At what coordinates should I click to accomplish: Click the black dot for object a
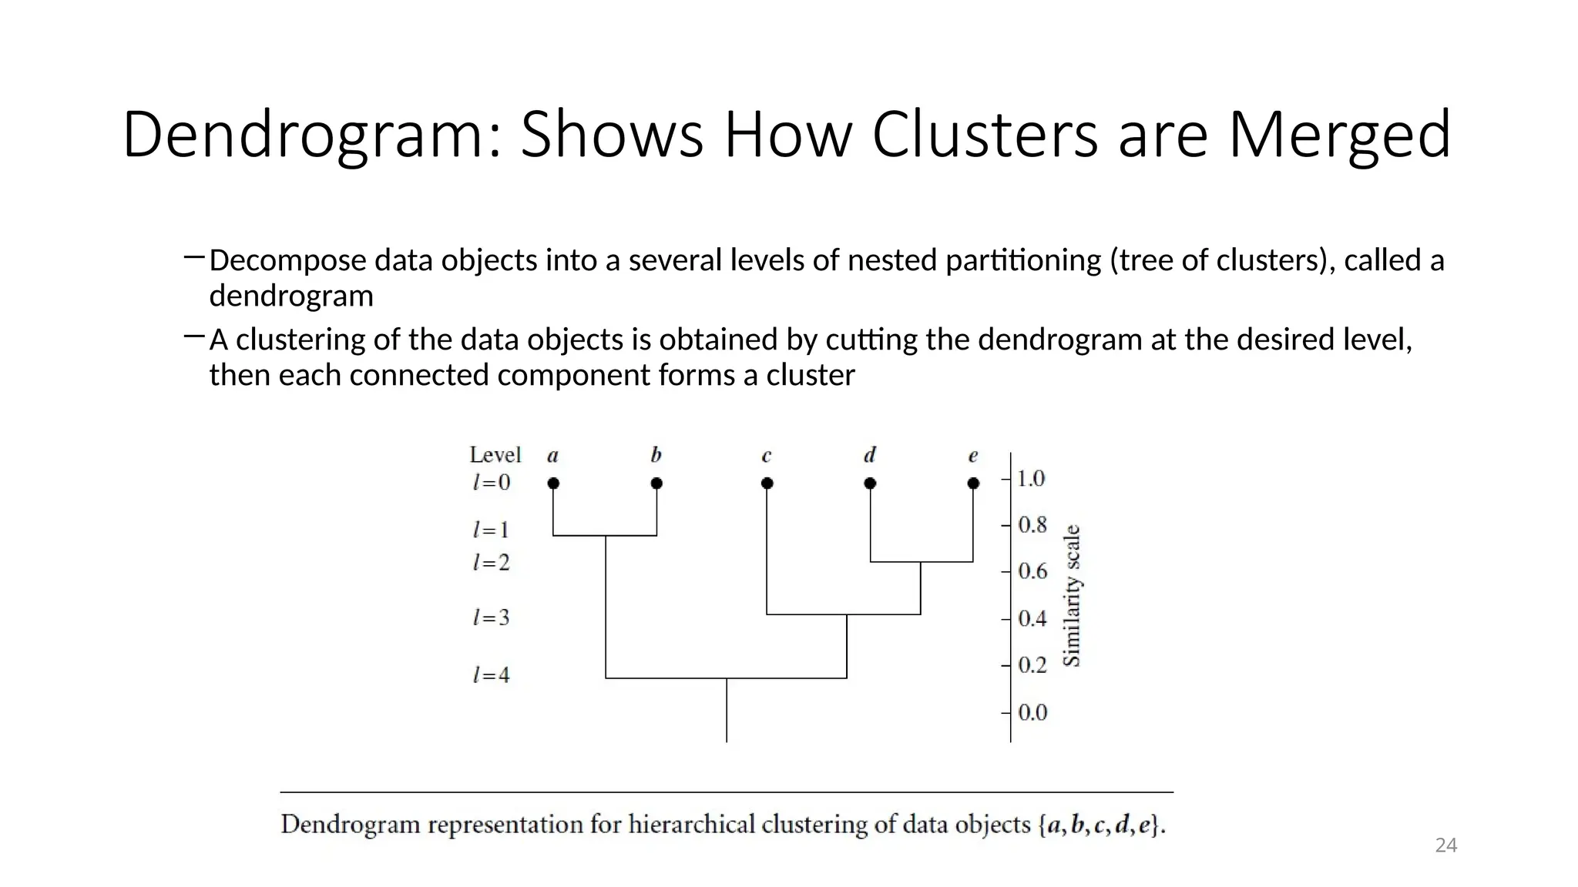coord(553,484)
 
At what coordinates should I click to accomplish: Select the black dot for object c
coord(767,484)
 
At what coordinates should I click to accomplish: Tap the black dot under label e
coord(973,484)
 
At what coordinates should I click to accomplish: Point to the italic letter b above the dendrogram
coord(656,455)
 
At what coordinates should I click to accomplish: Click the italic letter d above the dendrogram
coord(870,455)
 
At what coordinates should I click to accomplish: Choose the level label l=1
coord(491,530)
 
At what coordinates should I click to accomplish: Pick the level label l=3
coord(491,618)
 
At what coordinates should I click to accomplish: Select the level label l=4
coord(491,675)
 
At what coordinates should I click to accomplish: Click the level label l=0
coord(491,483)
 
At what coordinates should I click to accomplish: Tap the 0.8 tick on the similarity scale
coord(1032,525)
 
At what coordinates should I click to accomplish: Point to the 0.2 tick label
coord(1032,665)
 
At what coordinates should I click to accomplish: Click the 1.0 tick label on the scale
coord(1031,479)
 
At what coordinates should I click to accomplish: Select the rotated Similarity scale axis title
coord(1072,595)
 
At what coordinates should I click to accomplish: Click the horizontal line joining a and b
coord(605,535)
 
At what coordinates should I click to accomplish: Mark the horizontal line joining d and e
coord(922,562)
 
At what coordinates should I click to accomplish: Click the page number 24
coord(1445,845)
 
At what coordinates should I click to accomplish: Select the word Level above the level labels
coord(495,455)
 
